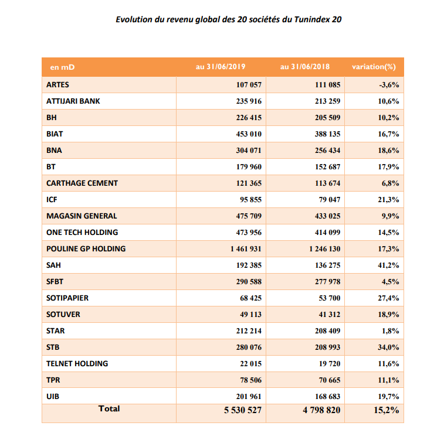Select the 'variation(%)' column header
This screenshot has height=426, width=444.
coord(374,67)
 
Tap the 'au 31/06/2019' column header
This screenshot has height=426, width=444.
coord(221,67)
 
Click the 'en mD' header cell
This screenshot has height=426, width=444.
coord(62,67)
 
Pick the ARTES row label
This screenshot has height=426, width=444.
coord(57,85)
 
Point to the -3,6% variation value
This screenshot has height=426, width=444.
coord(389,85)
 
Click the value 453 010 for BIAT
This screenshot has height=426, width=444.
coord(249,134)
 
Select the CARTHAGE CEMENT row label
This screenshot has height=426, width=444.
coord(82,183)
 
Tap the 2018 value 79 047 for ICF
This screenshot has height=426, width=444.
coord(329,200)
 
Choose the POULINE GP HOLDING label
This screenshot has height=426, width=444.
coord(86,249)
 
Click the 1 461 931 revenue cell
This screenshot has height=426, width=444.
coord(246,249)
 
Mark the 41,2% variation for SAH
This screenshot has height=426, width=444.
coord(388,265)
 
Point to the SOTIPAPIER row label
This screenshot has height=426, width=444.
coord(67,298)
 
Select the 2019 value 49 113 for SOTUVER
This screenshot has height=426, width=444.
coord(250,315)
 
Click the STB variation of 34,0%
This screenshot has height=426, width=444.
coord(388,347)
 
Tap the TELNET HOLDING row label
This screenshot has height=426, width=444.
coord(77,364)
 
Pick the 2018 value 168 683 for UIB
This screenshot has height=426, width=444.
coord(327,397)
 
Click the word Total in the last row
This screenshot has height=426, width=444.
coord(109,409)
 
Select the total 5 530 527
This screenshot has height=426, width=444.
coord(243,410)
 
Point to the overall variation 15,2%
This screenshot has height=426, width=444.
coord(387,410)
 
